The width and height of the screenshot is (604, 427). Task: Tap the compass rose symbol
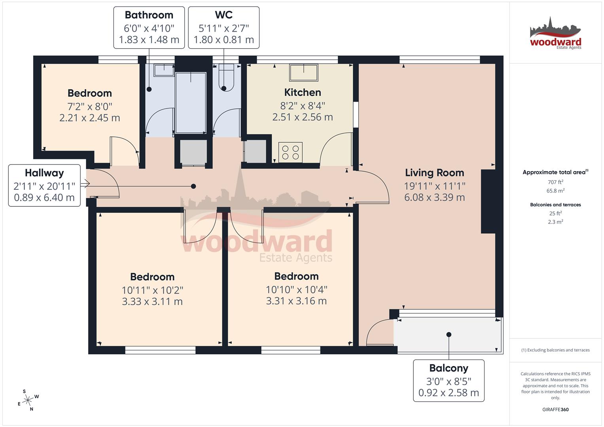tap(28, 401)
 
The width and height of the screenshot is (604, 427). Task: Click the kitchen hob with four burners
tap(290, 152)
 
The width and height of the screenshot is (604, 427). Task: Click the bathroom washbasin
tap(164, 70)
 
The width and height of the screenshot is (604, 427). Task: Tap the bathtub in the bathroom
tap(191, 102)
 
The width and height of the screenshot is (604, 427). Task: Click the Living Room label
tap(434, 173)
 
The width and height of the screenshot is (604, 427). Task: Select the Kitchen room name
tap(303, 93)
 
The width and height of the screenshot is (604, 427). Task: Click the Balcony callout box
tap(449, 380)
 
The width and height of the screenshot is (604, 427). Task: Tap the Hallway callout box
tap(44, 185)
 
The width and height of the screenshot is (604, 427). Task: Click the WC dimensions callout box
tap(223, 28)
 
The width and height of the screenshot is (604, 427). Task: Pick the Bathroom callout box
tap(149, 28)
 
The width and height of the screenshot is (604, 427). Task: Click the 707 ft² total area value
tap(555, 182)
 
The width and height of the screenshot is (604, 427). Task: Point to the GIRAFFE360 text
tap(555, 410)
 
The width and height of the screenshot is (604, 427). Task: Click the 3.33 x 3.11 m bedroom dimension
tap(152, 302)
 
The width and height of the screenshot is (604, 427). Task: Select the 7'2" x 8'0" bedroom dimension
tap(90, 106)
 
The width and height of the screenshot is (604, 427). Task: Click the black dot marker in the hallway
tap(193, 186)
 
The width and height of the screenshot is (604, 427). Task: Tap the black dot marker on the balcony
tap(449, 334)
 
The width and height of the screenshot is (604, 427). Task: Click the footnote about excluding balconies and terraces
tap(555, 350)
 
